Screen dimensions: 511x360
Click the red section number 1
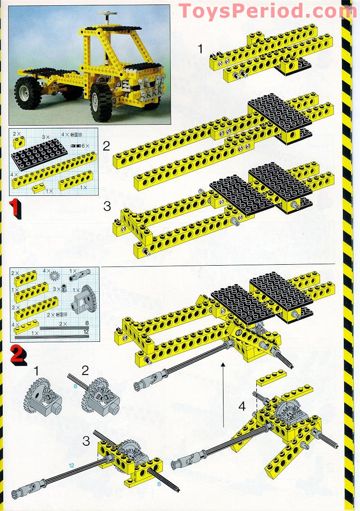pyautogui.click(x=15, y=209)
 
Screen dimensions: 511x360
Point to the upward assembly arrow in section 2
pyautogui.click(x=223, y=392)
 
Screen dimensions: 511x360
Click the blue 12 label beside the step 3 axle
pyautogui.click(x=72, y=464)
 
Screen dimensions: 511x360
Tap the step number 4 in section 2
pyautogui.click(x=242, y=406)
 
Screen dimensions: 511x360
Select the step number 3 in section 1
pyautogui.click(x=107, y=206)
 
